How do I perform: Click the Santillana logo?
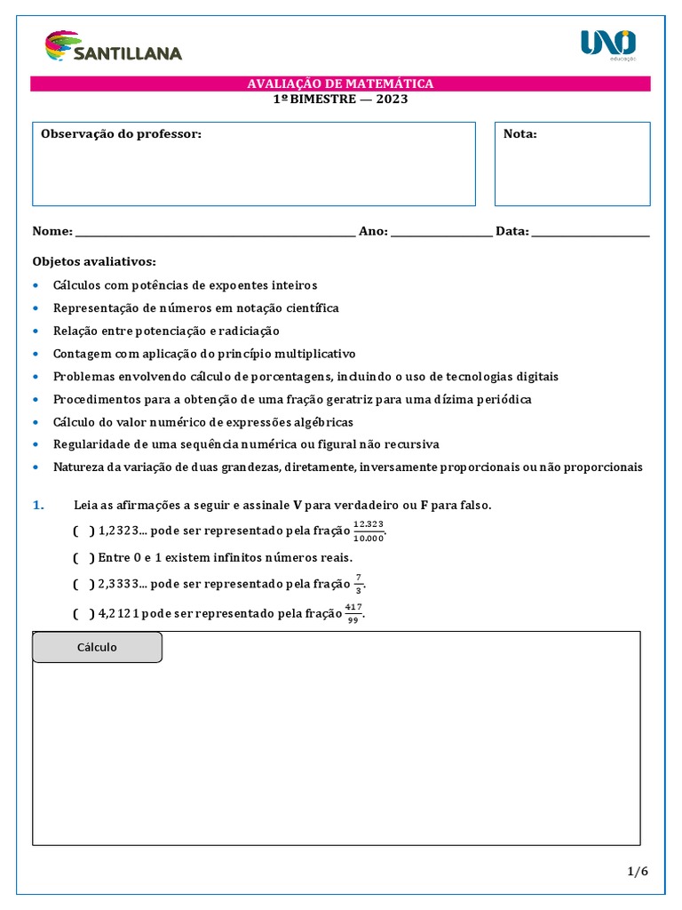[x=113, y=47]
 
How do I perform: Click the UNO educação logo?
[x=608, y=44]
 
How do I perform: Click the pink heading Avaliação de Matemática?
[x=340, y=84]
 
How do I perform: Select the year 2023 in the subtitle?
[x=392, y=99]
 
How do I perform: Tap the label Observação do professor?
[x=121, y=134]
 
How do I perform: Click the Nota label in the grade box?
[x=519, y=134]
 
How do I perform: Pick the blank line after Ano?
[x=441, y=233]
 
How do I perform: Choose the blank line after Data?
[x=591, y=233]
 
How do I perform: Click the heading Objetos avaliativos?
[x=94, y=261]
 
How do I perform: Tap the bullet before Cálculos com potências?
[x=36, y=285]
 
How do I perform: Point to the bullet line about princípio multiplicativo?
[x=204, y=353]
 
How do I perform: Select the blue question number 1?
[x=37, y=505]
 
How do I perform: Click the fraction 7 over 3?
[x=359, y=584]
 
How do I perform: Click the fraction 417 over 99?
[x=353, y=612]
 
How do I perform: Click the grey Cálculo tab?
[x=97, y=647]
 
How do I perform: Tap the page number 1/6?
[x=638, y=872]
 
